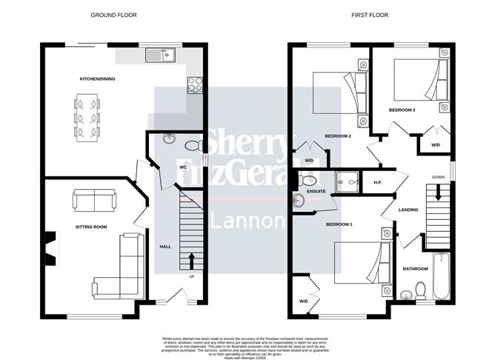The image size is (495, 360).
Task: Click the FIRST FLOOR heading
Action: pyautogui.click(x=370, y=15)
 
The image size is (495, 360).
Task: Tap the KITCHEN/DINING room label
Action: pyautogui.click(x=98, y=79)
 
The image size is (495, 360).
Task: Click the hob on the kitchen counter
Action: pyautogui.click(x=196, y=85)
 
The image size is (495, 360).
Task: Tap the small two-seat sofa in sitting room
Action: pyautogui.click(x=94, y=200)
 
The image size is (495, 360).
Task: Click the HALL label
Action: pyautogui.click(x=166, y=246)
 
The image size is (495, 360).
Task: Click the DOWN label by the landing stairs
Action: pyautogui.click(x=438, y=177)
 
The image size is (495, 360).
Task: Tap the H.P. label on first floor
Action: pyautogui.click(x=377, y=182)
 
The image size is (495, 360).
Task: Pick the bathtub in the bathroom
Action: pyautogui.click(x=441, y=276)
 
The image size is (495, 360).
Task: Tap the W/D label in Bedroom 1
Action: pyautogui.click(x=304, y=301)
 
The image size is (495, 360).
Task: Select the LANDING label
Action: pyautogui.click(x=408, y=210)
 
